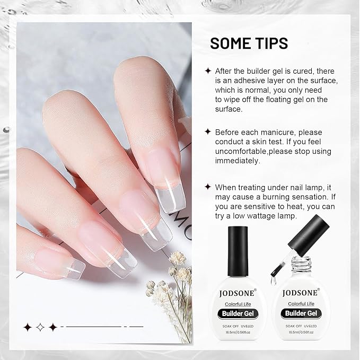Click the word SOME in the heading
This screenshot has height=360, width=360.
(230, 43)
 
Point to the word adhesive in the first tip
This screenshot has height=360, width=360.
(253, 81)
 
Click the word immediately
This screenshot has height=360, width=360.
(237, 161)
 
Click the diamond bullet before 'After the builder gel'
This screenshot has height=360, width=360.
(208, 71)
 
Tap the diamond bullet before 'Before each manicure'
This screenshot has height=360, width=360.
(208, 132)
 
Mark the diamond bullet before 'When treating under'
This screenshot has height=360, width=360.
(208, 187)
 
